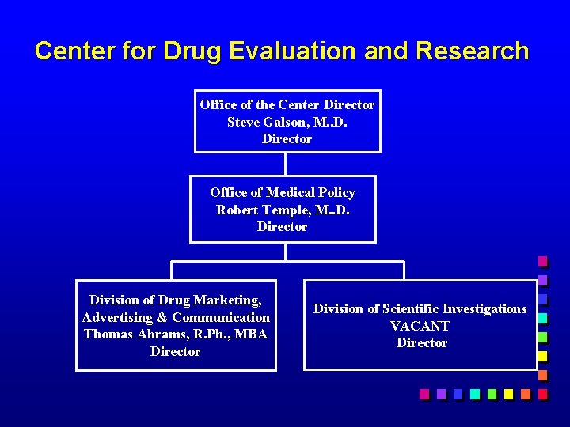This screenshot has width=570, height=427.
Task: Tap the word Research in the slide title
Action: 472,51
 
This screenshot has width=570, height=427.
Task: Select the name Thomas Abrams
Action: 126,334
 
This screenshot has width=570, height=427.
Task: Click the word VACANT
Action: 420,326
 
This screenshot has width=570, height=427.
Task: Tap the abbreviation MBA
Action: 252,334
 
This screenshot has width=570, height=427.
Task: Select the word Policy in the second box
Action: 336,192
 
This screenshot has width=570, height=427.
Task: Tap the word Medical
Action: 291,192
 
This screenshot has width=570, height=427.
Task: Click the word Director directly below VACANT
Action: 421,343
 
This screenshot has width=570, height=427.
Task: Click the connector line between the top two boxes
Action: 285,164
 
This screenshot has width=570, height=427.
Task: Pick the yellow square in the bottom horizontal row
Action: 508,394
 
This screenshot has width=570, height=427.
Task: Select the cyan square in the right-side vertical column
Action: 542,319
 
